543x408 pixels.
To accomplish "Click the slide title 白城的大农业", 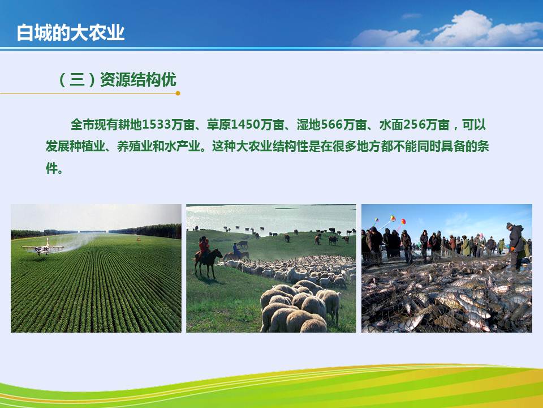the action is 71,33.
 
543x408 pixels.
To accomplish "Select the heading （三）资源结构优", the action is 118,79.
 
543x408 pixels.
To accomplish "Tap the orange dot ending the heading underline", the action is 178,93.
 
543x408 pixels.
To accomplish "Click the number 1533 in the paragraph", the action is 157,125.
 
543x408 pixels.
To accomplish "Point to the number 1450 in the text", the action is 245,125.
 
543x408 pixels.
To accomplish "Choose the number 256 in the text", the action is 415,125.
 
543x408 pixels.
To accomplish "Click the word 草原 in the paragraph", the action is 219,125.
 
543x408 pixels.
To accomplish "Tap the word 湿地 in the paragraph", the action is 309,125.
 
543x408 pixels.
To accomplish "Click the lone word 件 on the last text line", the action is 51,168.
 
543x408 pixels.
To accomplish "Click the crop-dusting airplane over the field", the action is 43,248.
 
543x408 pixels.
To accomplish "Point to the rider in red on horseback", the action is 204,245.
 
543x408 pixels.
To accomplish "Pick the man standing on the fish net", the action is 516,246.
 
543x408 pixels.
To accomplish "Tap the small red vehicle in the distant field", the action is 139,239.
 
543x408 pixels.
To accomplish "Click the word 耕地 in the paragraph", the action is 130,125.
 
